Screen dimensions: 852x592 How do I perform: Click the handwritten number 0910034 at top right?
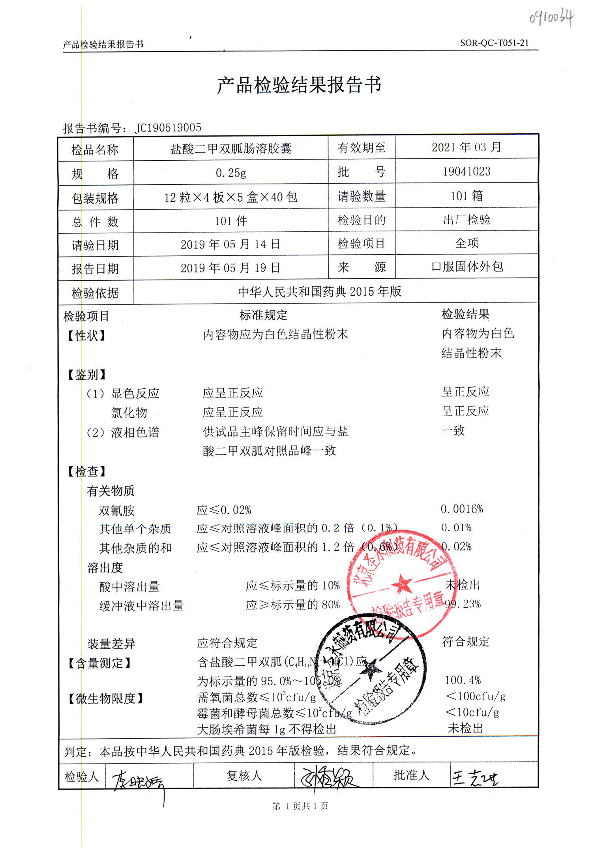click(x=551, y=17)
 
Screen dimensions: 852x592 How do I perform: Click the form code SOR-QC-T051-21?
click(x=494, y=43)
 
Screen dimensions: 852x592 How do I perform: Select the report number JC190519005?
click(x=168, y=128)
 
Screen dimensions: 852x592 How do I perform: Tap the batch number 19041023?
click(x=466, y=171)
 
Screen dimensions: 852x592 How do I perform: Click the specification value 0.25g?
click(x=231, y=173)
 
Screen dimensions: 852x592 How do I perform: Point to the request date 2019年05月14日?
click(x=230, y=244)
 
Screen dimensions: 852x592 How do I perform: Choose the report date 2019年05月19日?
click(x=230, y=268)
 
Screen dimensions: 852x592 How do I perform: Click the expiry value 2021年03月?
click(x=466, y=147)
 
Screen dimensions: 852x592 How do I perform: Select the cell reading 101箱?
click(x=466, y=196)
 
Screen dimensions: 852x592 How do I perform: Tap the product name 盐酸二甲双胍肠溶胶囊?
click(x=231, y=148)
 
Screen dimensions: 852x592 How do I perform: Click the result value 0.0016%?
click(x=462, y=509)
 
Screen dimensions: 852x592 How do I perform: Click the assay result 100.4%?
click(x=463, y=680)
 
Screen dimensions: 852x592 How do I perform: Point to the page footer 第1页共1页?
click(x=300, y=806)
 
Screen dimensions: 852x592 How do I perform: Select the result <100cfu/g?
click(x=476, y=696)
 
